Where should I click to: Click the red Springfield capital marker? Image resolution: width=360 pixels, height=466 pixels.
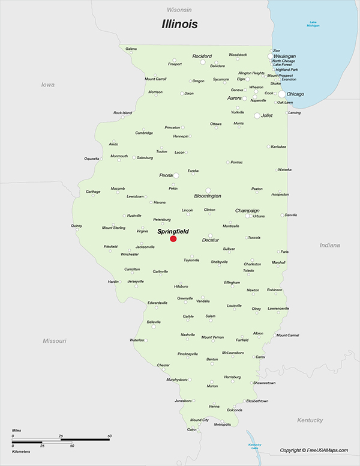173,238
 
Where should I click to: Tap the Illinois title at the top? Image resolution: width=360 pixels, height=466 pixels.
179,25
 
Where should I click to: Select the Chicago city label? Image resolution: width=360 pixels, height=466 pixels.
295,94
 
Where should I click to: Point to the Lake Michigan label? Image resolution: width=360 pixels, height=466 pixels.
313,25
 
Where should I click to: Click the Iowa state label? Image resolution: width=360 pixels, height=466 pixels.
47,85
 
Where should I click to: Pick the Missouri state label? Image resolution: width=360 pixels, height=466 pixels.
54,340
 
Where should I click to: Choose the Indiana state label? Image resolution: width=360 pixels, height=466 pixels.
329,245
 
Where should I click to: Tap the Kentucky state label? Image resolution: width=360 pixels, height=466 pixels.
310,420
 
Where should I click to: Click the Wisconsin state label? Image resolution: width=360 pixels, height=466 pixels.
179,10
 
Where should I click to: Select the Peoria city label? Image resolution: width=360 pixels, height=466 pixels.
166,175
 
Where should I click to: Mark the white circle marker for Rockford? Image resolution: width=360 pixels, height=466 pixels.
203,62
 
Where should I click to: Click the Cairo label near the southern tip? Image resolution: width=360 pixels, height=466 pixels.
191,430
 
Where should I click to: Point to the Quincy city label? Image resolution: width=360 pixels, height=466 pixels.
76,226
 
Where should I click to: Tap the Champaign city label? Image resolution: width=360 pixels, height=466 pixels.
247,211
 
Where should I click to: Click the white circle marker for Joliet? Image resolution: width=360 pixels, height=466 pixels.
257,115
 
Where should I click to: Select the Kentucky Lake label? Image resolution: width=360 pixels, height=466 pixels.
255,446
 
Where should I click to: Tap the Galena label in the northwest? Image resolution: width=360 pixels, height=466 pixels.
131,48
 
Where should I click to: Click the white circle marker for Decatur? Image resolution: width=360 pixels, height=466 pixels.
210,236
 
